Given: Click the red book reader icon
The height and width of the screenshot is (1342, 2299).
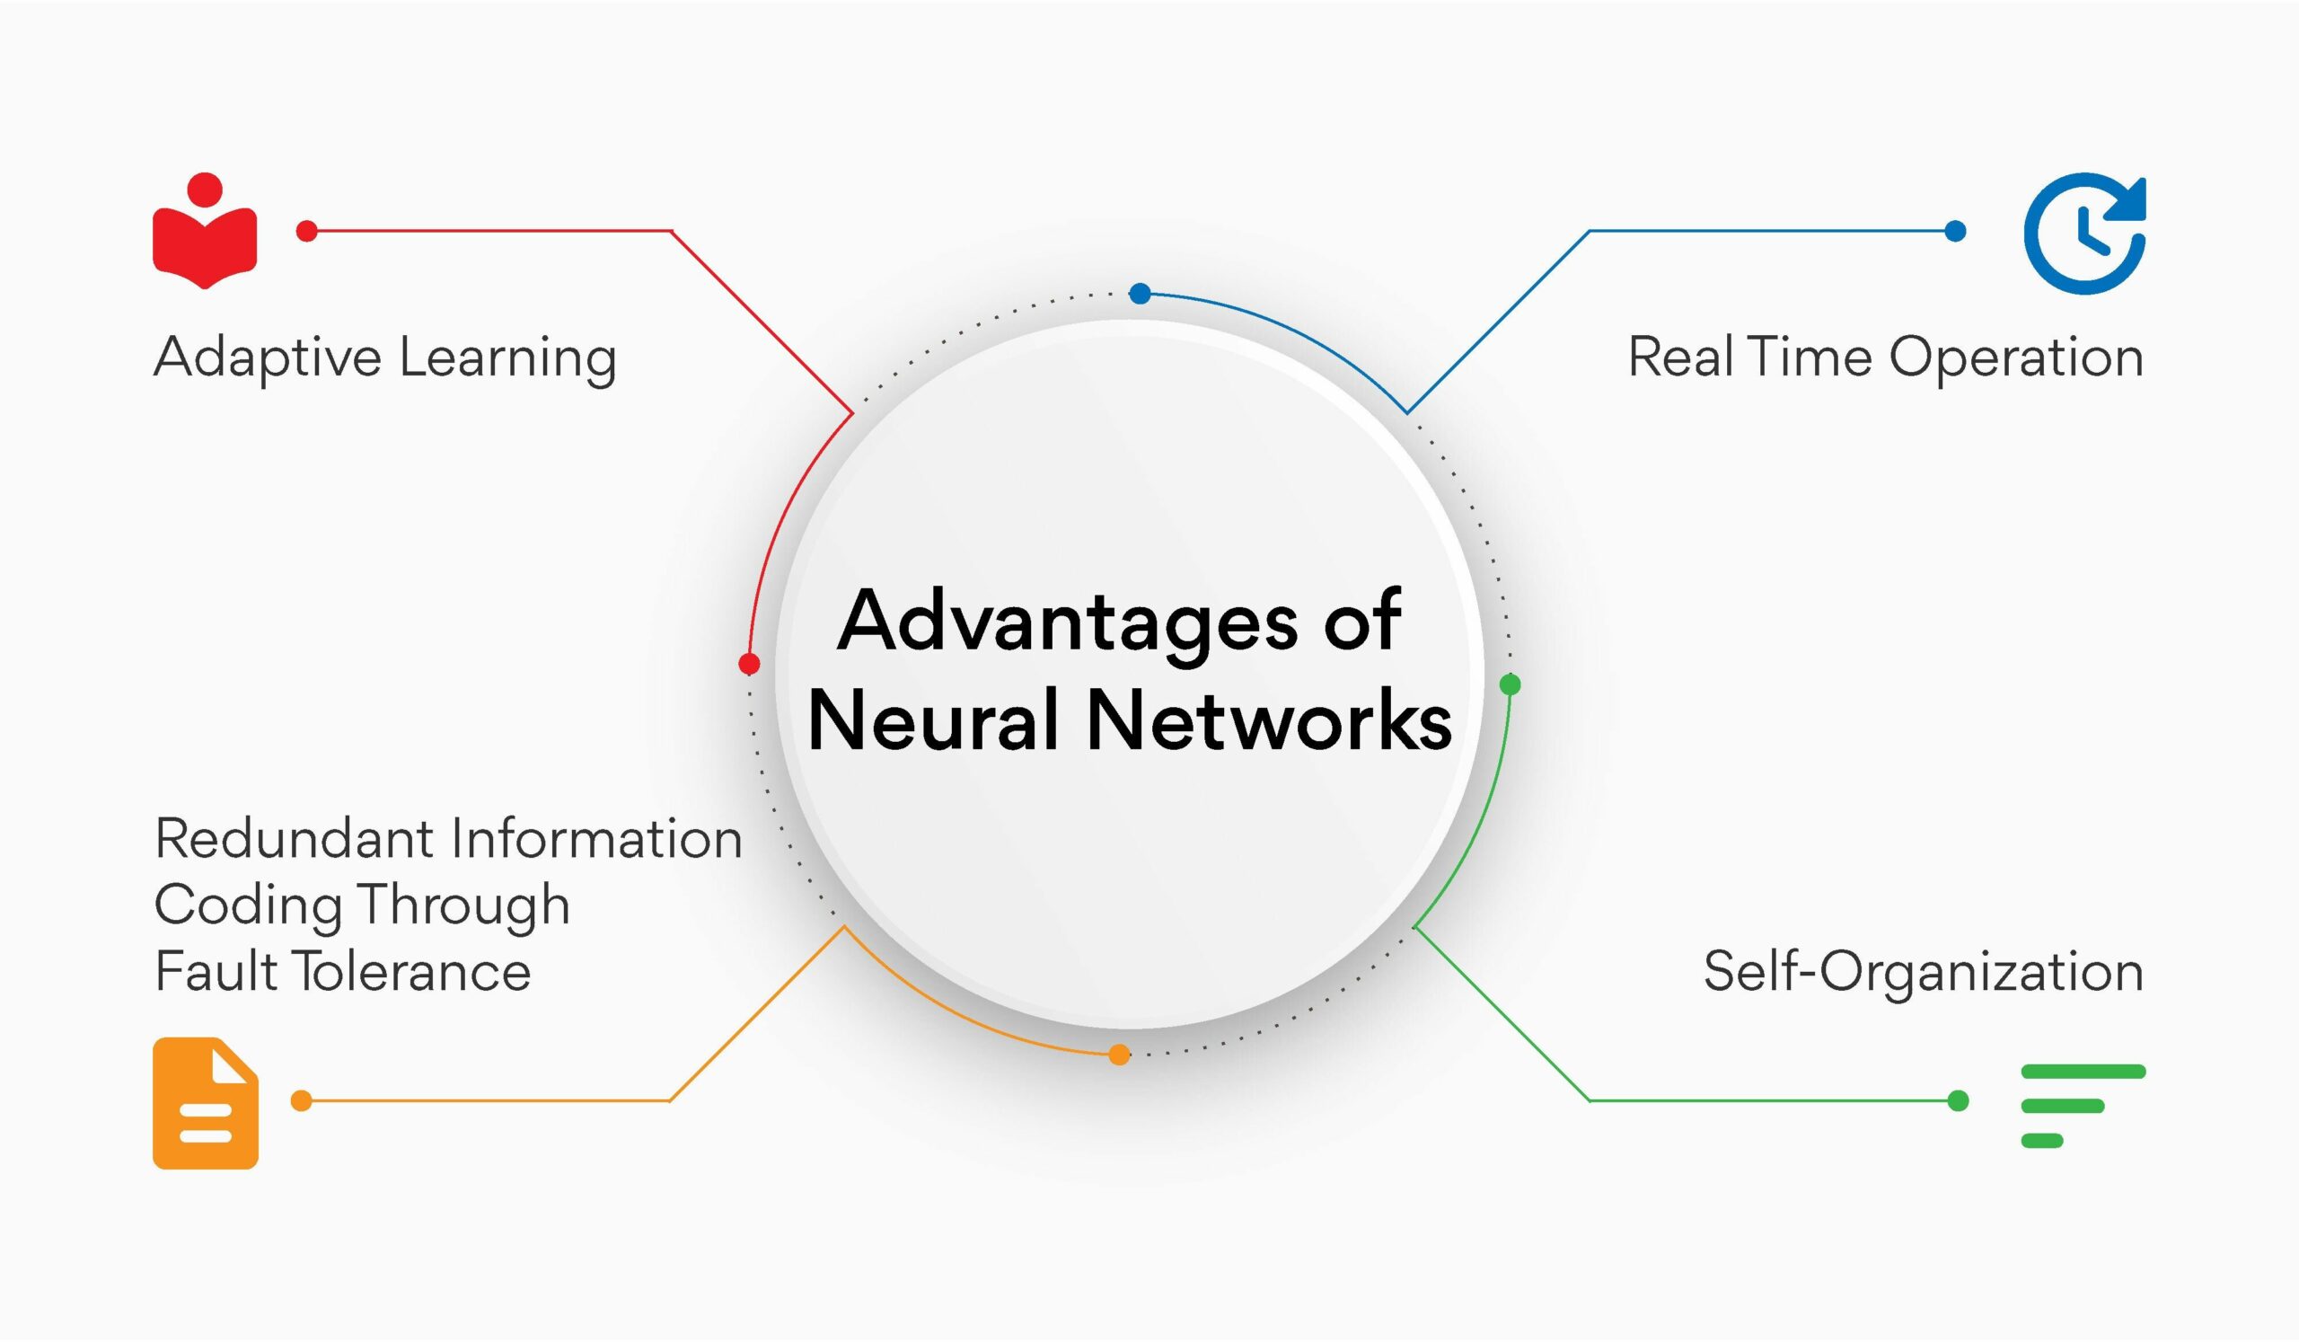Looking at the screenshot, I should point(205,233).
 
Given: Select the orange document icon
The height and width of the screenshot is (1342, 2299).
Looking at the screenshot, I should point(206,1103).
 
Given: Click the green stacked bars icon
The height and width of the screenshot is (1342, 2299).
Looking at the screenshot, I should point(2083,1105).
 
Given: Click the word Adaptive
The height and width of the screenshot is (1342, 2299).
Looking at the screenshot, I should point(267,357).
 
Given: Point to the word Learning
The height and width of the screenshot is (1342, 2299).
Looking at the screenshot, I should point(507,357).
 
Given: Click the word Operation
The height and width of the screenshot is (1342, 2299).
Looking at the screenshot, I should point(2015,357).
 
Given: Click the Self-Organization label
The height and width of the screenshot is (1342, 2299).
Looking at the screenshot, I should point(1923,971).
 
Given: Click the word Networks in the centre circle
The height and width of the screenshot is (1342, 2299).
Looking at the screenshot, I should point(1268,720).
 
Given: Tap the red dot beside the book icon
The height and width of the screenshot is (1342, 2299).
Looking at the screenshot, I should point(306,231).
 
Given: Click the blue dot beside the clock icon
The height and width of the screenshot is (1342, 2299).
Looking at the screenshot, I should point(1955,231).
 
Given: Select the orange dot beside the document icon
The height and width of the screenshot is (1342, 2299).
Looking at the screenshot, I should point(301,1101).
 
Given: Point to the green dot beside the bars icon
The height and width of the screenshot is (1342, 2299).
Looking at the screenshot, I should point(1958,1101).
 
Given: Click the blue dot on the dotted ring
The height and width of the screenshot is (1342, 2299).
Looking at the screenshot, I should point(1140,293).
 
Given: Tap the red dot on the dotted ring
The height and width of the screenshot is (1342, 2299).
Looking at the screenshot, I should point(749,663).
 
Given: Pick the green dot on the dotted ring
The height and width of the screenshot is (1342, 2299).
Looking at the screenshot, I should point(1510,684).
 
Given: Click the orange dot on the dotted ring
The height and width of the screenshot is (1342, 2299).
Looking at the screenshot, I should point(1119,1055).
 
